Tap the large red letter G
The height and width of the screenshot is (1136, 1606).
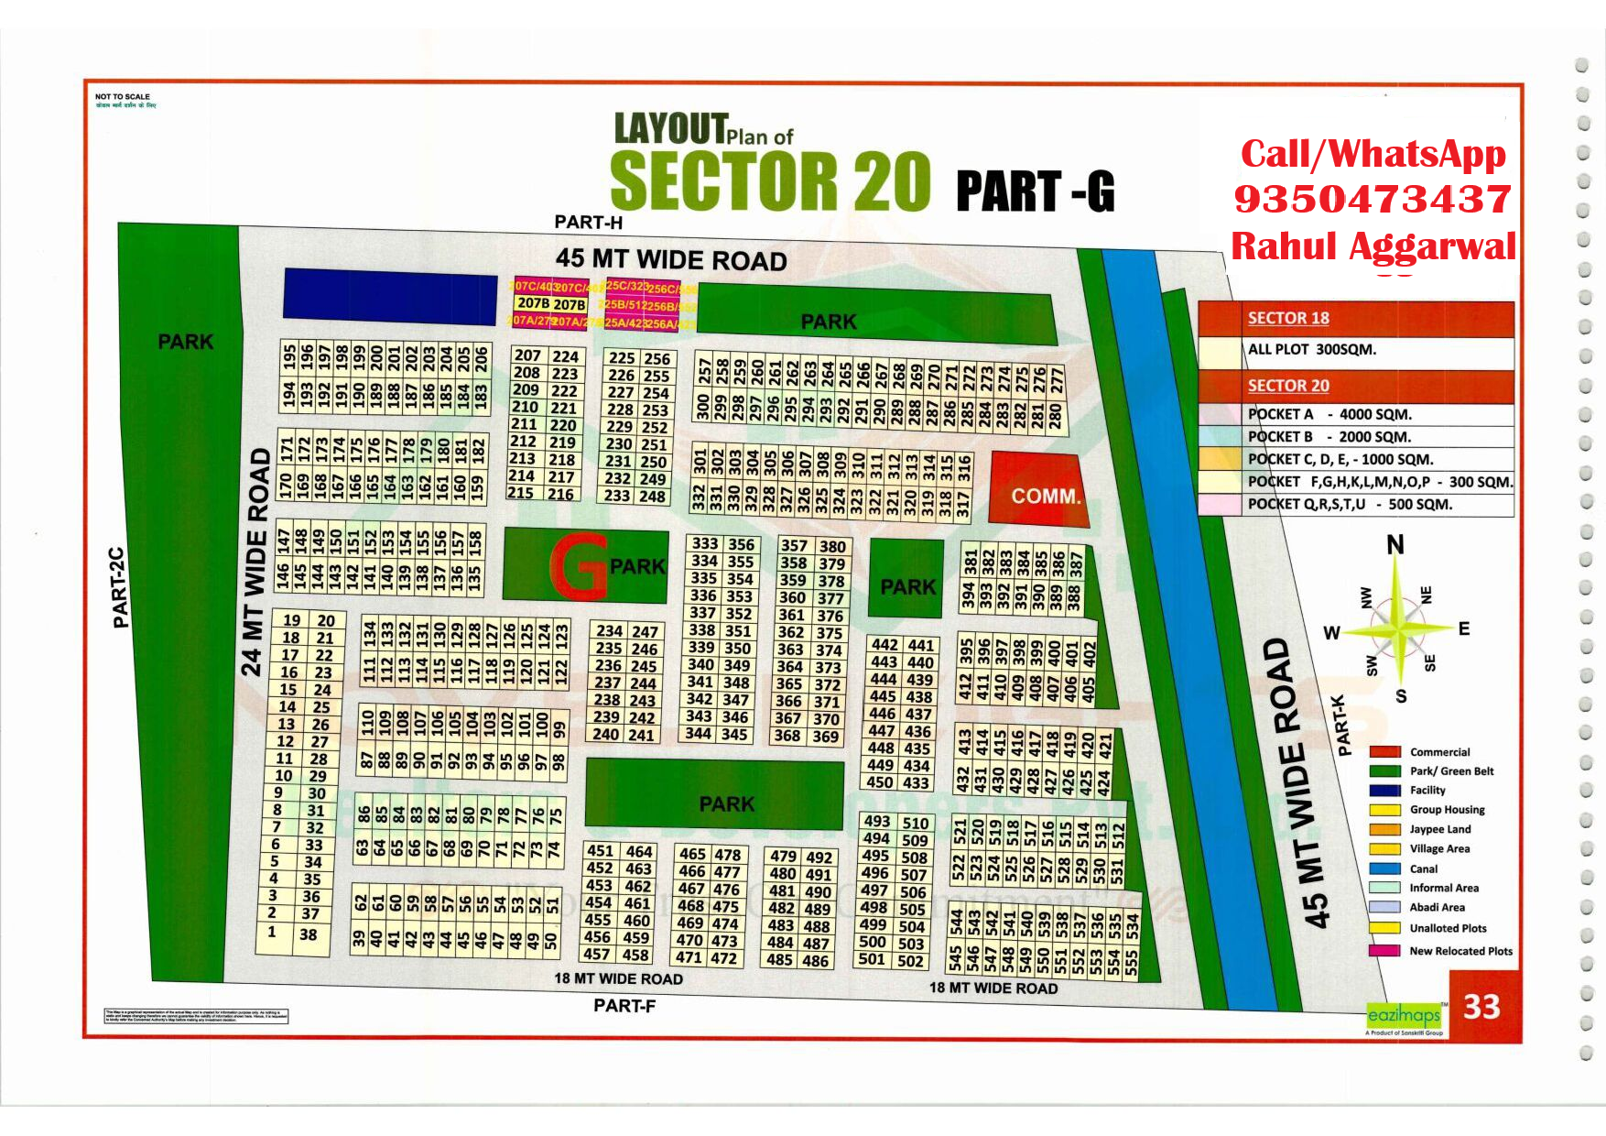click(x=579, y=567)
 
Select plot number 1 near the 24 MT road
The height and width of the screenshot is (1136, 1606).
click(x=272, y=932)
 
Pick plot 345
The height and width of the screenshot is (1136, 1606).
click(x=735, y=734)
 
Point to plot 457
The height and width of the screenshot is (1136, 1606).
click(x=597, y=954)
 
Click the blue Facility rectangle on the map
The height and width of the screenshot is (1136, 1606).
click(x=390, y=296)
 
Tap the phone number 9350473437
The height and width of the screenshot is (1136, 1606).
click(x=1372, y=199)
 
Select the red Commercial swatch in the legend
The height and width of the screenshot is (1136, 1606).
click(x=1384, y=752)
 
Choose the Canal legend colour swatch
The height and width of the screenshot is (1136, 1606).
click(x=1384, y=868)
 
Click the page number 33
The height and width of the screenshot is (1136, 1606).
click(x=1481, y=1007)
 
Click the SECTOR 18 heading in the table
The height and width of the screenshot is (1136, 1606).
click(x=1288, y=318)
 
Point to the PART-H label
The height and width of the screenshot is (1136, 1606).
click(x=588, y=222)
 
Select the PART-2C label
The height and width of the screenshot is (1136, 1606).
click(x=118, y=588)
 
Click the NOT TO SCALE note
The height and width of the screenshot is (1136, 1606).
click(x=123, y=96)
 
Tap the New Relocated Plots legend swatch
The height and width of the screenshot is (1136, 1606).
click(x=1384, y=951)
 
